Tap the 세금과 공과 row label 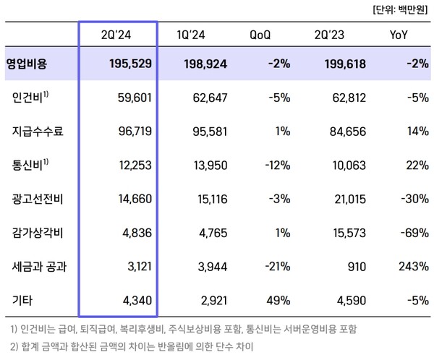coord(41,265)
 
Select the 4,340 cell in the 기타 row coord(135,299)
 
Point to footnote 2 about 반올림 coord(130,347)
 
